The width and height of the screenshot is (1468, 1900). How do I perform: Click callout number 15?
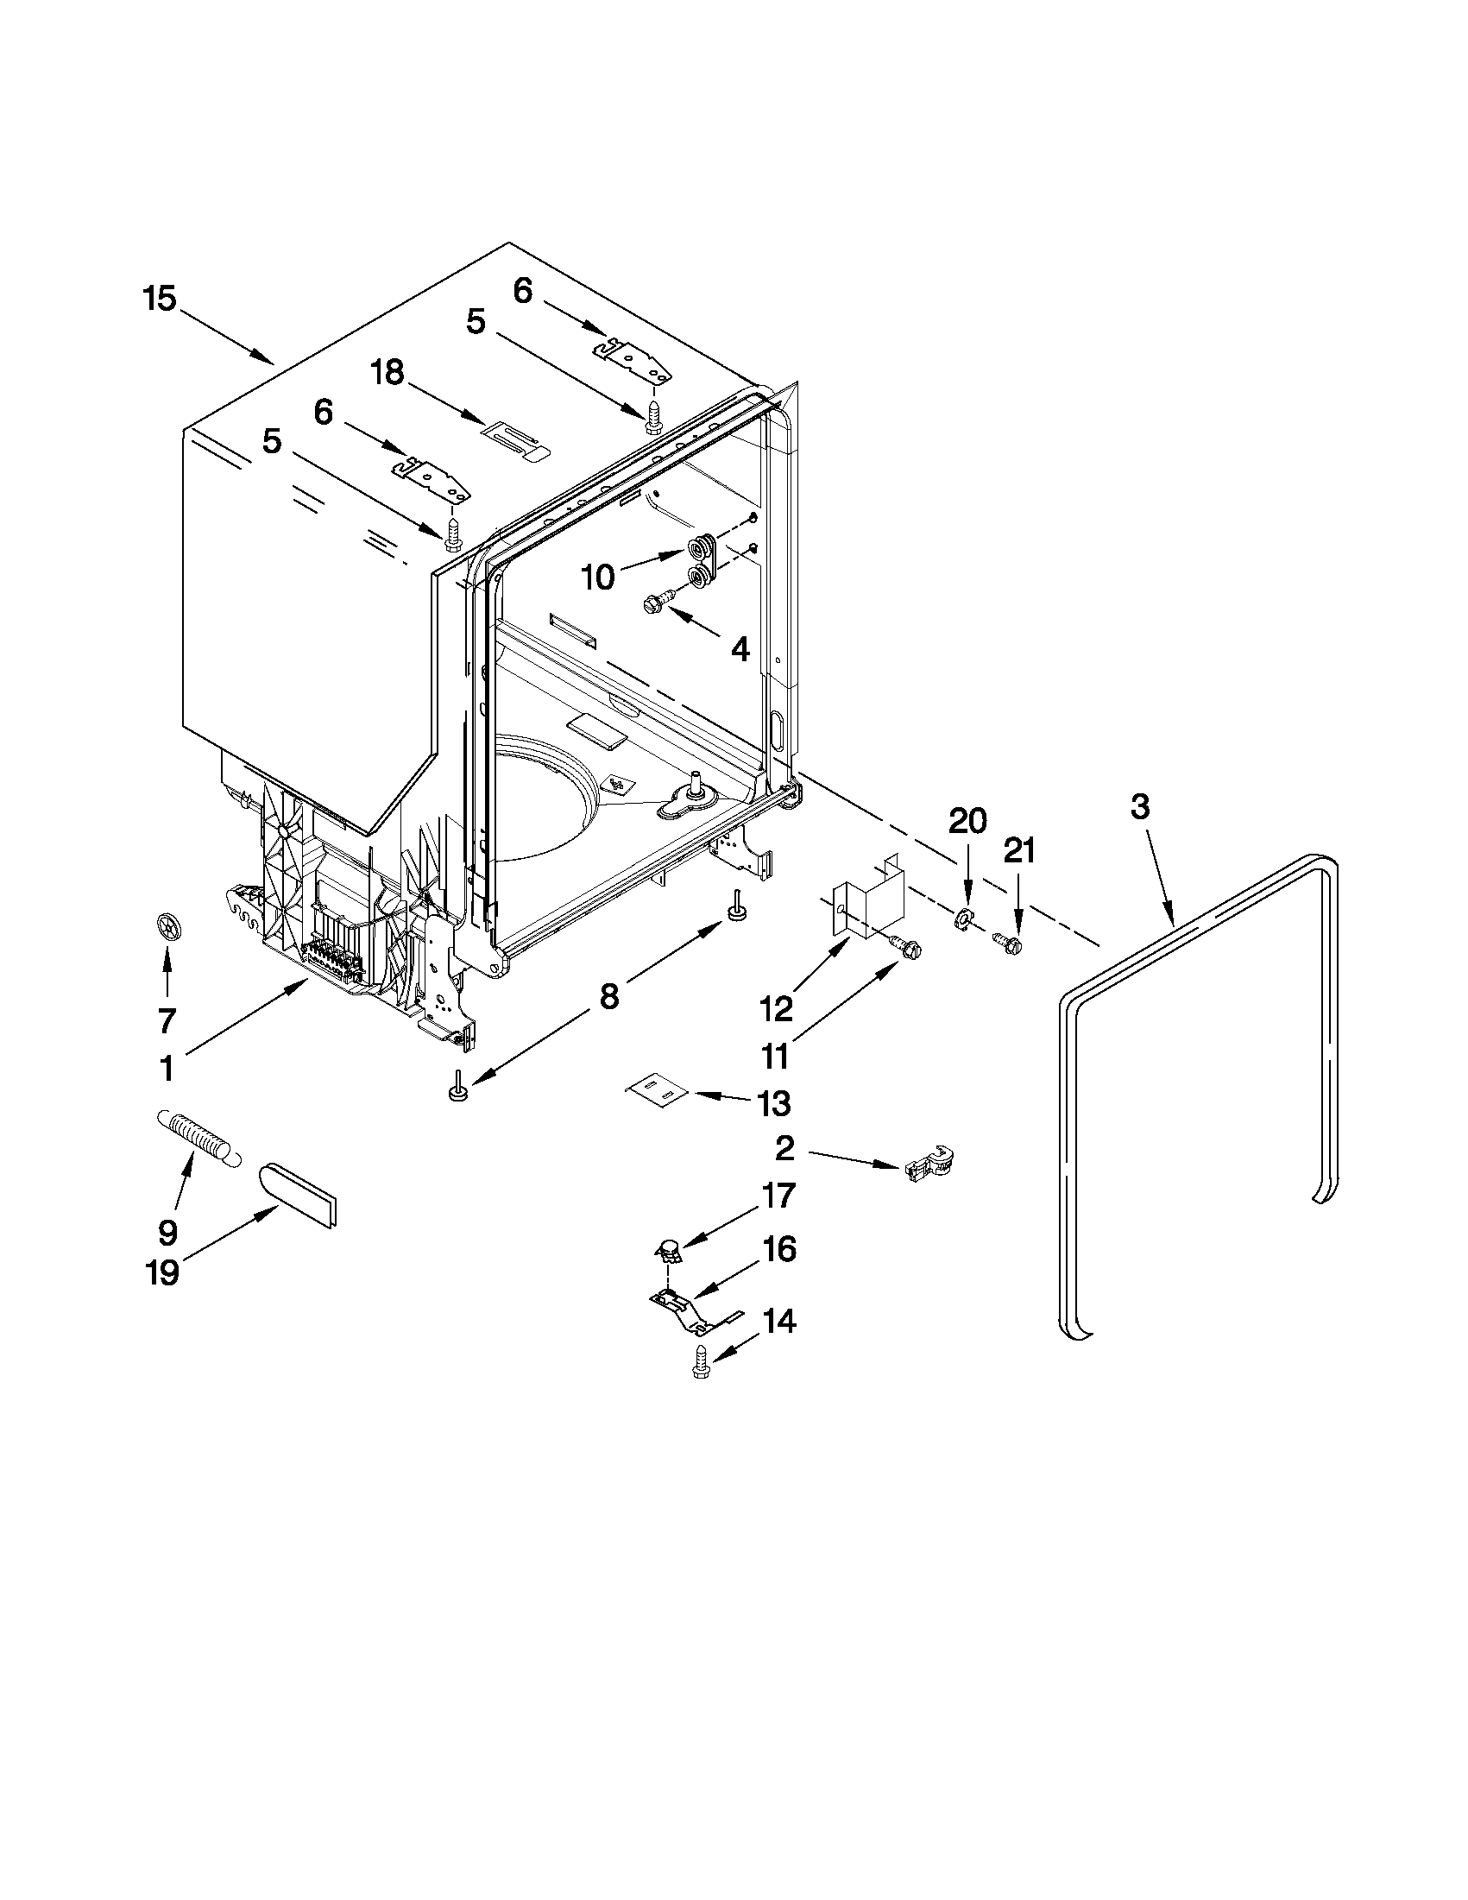tap(160, 300)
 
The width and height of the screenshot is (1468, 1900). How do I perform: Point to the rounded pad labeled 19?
tap(299, 1196)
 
